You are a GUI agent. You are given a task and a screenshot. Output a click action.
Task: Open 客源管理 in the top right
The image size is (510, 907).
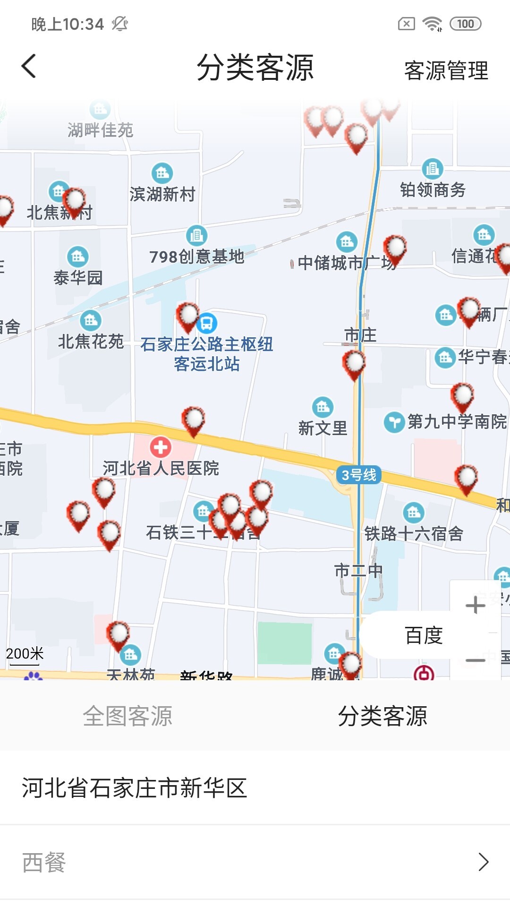[446, 70]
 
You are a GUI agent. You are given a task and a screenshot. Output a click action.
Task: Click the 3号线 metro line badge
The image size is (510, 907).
[358, 475]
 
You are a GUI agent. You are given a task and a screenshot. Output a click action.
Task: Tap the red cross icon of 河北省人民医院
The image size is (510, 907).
[161, 447]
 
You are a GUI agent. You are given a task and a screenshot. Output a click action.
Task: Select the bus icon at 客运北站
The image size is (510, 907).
[207, 323]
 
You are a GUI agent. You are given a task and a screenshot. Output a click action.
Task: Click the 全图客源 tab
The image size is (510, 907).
[127, 716]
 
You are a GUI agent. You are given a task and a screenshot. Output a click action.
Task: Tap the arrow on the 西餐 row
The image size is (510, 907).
[483, 862]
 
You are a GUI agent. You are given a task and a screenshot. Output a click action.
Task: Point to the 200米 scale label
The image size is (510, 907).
[25, 654]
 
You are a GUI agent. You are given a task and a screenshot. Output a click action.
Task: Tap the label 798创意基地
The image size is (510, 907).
[197, 257]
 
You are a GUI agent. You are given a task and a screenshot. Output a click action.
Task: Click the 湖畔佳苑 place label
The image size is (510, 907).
[100, 130]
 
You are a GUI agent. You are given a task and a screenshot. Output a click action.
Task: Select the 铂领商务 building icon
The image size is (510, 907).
[432, 169]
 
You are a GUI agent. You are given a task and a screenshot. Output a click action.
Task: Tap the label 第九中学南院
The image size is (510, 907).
[457, 421]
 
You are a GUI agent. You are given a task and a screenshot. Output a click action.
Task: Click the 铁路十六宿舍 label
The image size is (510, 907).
[414, 534]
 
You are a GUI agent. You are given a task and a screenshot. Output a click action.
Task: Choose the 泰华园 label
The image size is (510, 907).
[78, 278]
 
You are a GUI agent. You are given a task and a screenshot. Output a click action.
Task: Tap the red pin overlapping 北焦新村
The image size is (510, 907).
[74, 202]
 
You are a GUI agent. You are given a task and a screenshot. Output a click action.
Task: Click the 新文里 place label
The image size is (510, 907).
[323, 428]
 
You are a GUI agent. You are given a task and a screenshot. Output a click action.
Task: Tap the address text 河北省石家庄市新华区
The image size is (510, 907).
[135, 788]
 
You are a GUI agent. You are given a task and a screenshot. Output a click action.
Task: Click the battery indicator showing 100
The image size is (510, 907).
[465, 24]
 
